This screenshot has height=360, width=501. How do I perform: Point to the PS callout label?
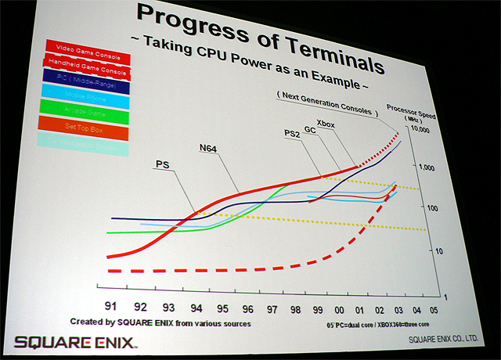[163, 164]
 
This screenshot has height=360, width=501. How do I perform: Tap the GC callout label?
[310, 127]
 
